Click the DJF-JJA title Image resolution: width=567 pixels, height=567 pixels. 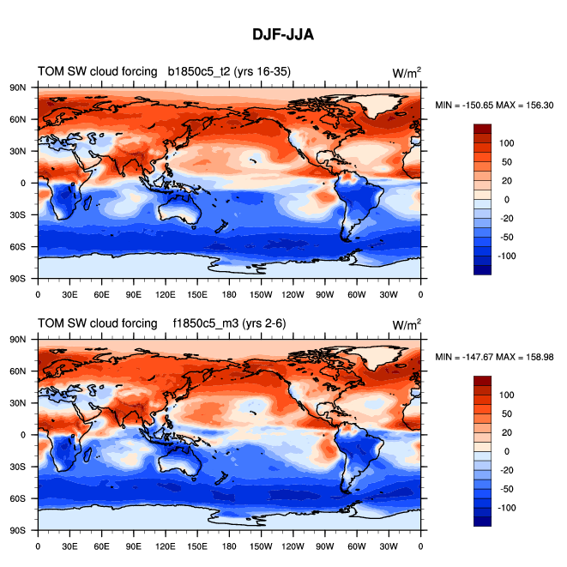click(283, 35)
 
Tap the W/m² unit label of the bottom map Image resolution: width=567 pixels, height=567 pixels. click(407, 324)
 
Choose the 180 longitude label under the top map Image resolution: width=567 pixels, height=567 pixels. click(229, 293)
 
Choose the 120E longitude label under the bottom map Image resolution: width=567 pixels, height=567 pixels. click(166, 546)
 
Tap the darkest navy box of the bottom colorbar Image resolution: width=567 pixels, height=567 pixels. click(483, 522)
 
